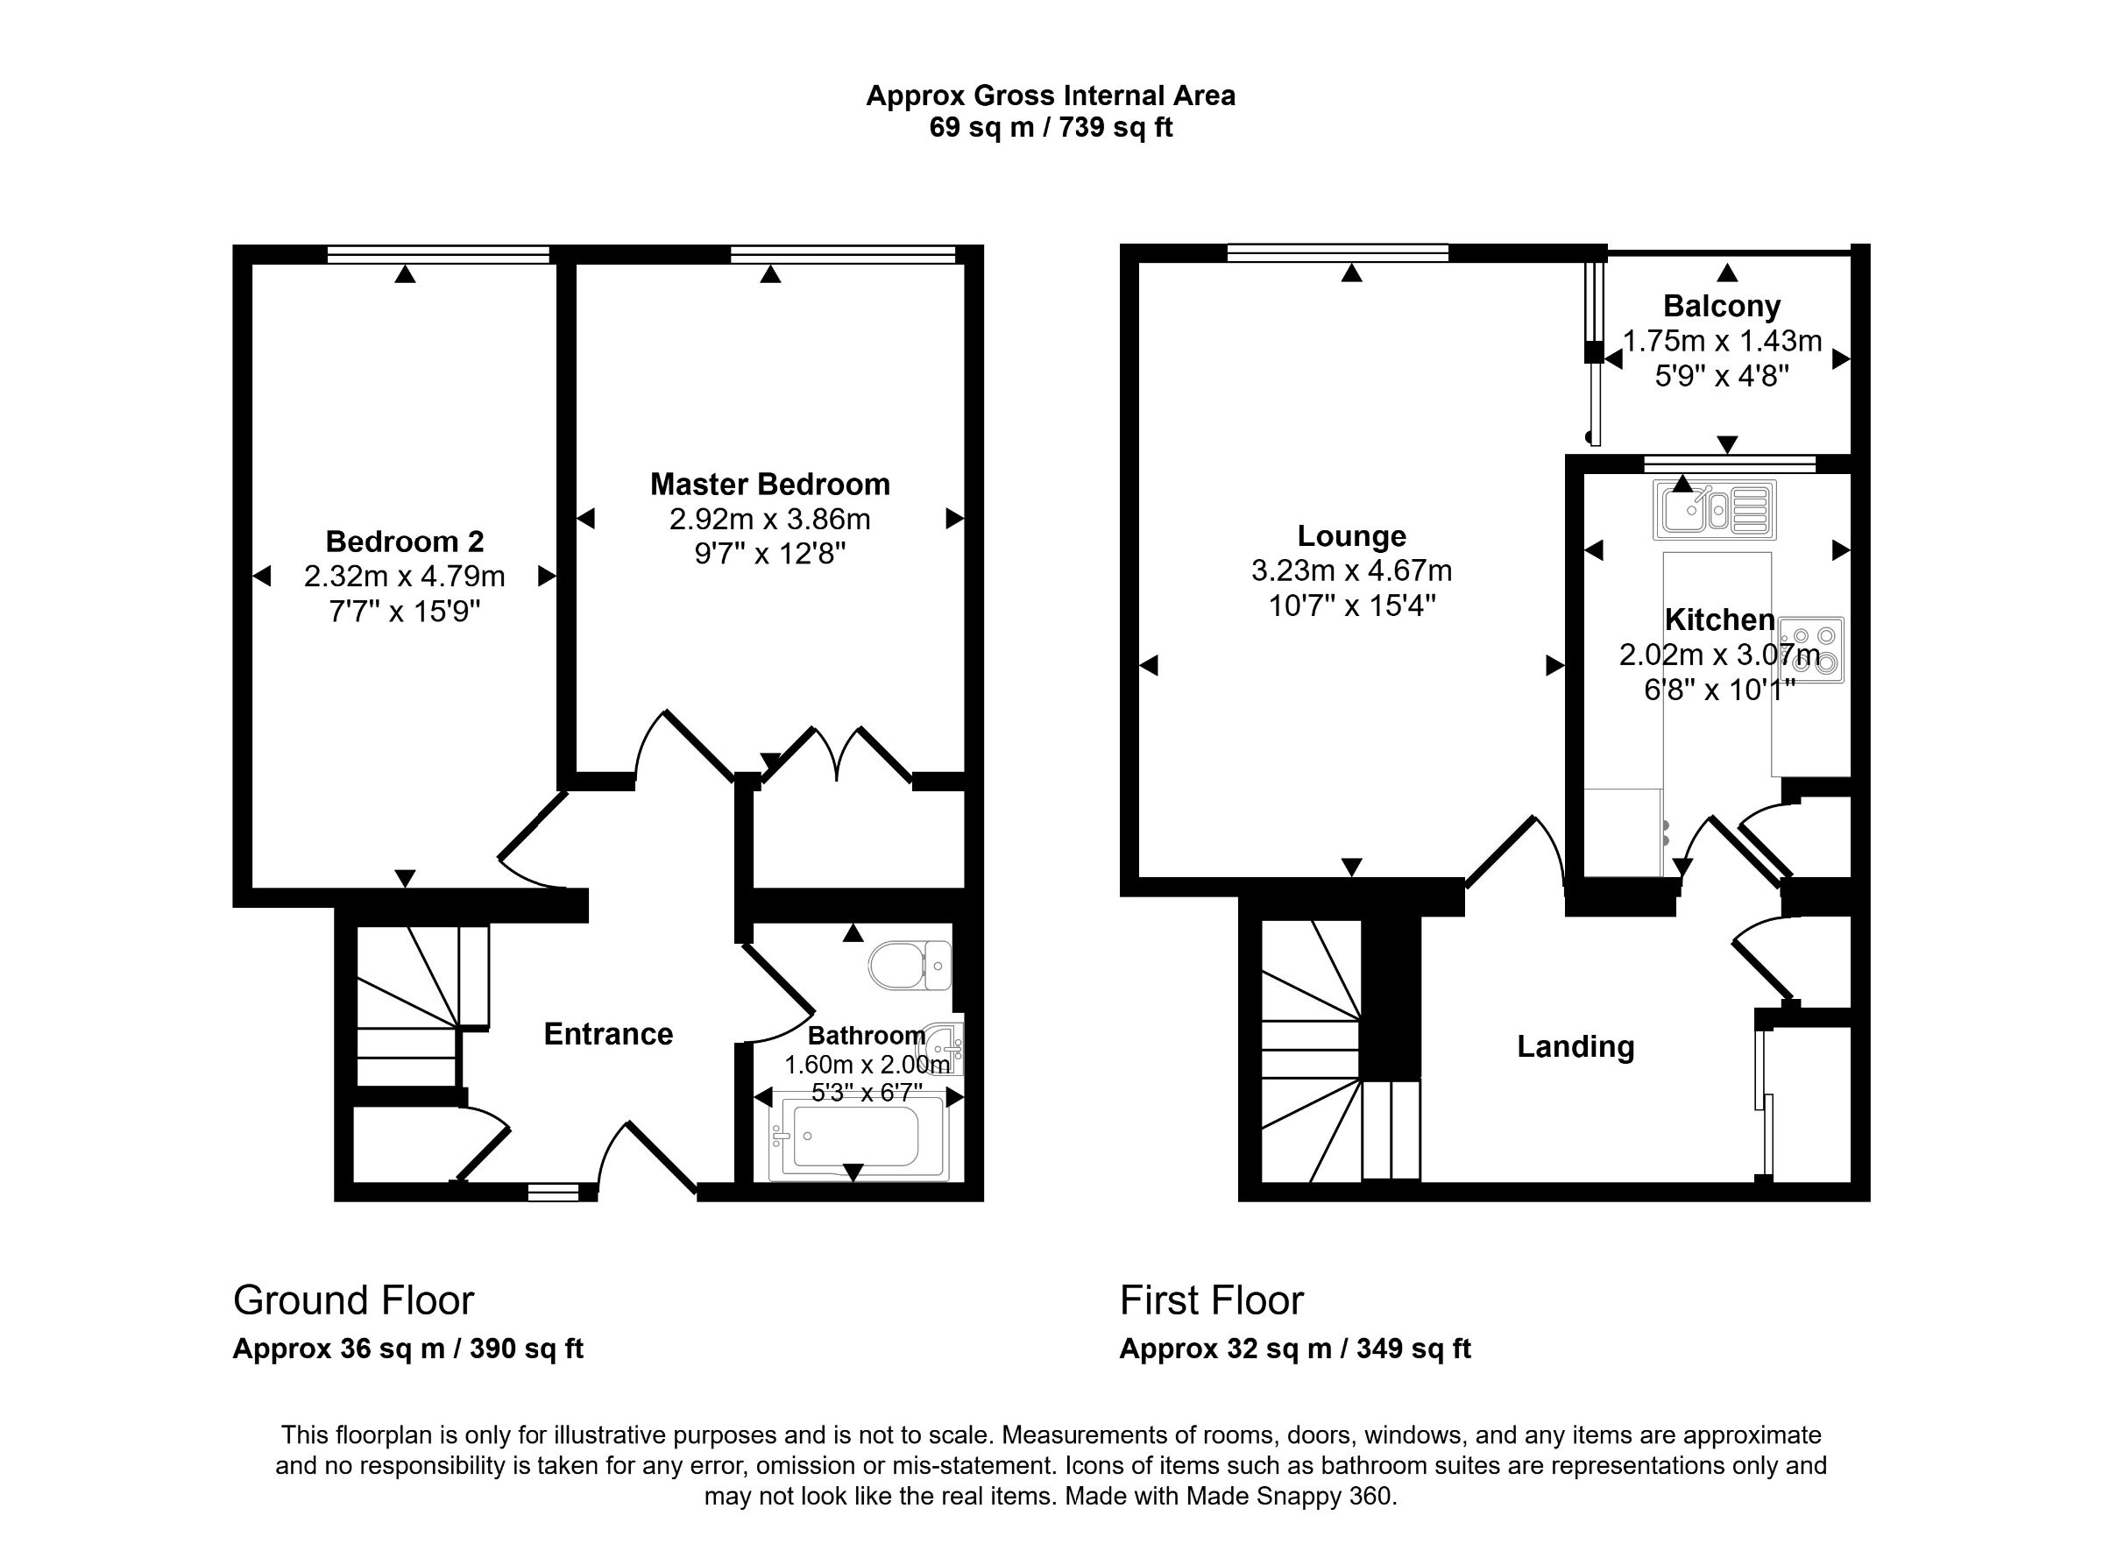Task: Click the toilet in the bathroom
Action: click(x=909, y=965)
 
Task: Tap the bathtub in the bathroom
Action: click(x=856, y=1140)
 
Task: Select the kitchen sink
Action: click(x=1714, y=510)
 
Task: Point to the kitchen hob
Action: click(x=1812, y=649)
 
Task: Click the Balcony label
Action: click(x=1721, y=306)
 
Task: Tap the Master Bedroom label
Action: click(x=770, y=485)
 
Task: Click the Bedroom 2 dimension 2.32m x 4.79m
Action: click(x=404, y=577)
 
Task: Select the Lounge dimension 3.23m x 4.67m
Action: click(x=1351, y=570)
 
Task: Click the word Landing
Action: click(x=1575, y=1047)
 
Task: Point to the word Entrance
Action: click(x=608, y=1035)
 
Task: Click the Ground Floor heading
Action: click(x=353, y=1300)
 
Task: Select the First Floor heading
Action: click(x=1211, y=1300)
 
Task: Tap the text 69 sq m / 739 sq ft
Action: click(x=1051, y=128)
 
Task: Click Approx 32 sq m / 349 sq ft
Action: click(x=1295, y=1349)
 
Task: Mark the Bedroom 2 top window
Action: click(x=437, y=253)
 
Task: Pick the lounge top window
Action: click(x=1337, y=251)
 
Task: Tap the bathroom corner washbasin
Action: click(x=946, y=1041)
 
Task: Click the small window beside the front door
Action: click(x=553, y=1193)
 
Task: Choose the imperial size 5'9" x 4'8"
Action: click(x=1721, y=377)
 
